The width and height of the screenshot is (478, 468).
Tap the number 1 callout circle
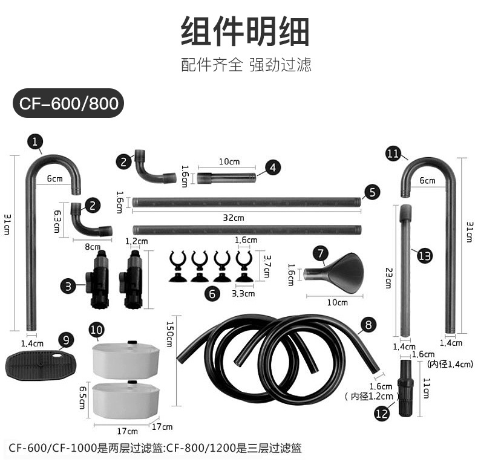pos(36,142)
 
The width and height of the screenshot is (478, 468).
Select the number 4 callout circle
pos(273,167)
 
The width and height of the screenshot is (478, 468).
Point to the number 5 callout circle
pos(372,192)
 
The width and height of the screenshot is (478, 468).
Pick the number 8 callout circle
pos(368,325)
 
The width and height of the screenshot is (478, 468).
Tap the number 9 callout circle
pos(67,340)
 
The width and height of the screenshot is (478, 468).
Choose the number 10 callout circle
pos(96,330)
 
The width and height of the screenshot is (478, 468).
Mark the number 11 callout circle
pos(393,154)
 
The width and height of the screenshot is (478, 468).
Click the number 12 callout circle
pos(382,413)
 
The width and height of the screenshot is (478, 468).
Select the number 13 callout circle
pos(425,256)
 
